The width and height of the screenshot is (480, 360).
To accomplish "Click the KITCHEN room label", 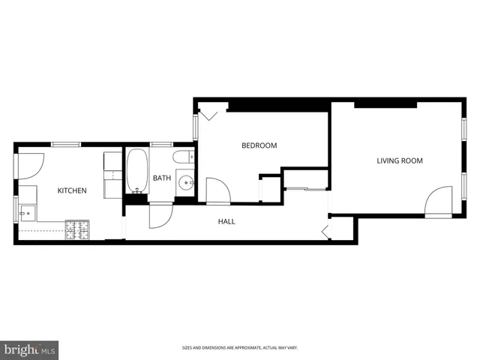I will [x=72, y=190].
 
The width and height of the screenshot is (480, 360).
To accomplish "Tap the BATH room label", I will [x=162, y=178].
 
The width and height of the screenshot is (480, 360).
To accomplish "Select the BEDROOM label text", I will [x=259, y=145].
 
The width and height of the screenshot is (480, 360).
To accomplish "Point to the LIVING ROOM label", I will [x=400, y=160].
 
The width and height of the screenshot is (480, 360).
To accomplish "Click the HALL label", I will [x=226, y=222].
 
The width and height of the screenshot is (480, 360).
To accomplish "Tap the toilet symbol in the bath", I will [x=181, y=157].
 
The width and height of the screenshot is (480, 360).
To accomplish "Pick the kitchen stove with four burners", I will [x=77, y=229].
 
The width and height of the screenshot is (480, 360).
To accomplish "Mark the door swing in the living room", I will [x=439, y=202].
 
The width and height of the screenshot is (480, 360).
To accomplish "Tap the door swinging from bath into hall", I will [x=160, y=216].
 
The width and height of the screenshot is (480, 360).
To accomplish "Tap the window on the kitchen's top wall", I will [x=65, y=143].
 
